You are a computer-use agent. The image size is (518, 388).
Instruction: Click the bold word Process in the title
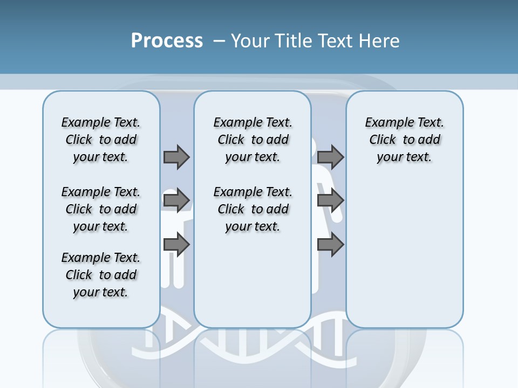[167, 41]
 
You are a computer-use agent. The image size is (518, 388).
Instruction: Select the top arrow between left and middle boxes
[176, 157]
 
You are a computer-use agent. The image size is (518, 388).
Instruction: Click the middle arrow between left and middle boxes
[176, 201]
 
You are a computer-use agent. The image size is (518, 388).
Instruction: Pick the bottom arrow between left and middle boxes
[176, 245]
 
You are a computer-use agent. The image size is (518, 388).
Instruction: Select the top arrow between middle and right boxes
[330, 157]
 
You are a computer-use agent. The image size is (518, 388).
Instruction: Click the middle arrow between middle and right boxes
[330, 201]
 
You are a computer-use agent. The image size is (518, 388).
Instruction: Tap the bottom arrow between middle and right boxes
[330, 245]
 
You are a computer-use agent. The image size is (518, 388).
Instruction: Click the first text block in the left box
[101, 140]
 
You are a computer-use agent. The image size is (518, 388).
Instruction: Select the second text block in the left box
[101, 209]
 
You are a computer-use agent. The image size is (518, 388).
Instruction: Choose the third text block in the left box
[101, 275]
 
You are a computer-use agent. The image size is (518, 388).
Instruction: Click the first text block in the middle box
[253, 140]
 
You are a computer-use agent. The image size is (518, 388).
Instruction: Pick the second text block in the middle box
[253, 209]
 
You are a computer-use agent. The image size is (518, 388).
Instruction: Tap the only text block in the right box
[405, 140]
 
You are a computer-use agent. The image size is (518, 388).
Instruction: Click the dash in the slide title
[219, 41]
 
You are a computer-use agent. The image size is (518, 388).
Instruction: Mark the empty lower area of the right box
[405, 259]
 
